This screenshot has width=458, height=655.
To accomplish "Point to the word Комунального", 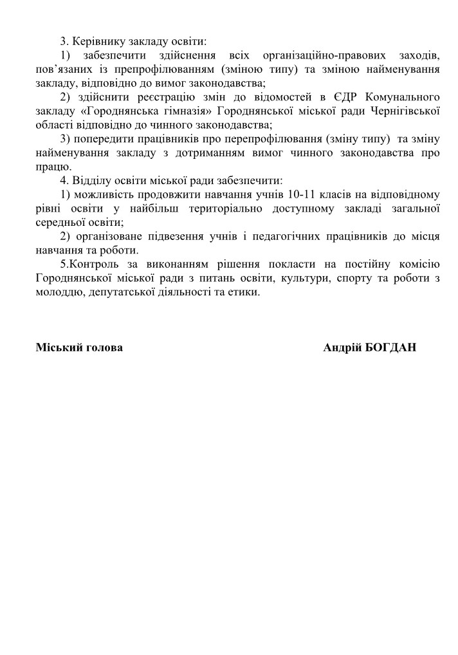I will [x=403, y=97].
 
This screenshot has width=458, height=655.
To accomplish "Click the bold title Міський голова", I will [x=79, y=348].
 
